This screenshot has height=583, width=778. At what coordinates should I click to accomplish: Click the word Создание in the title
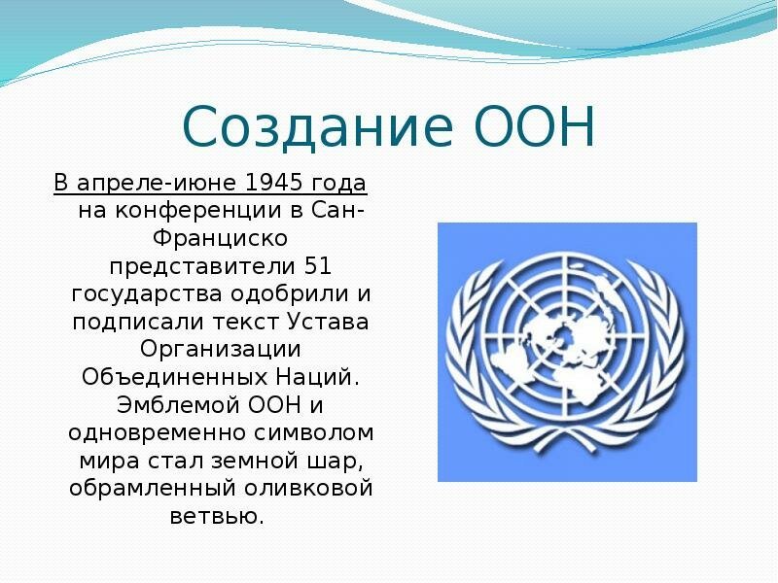pyautogui.click(x=318, y=126)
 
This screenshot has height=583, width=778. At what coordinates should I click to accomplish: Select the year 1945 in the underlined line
pyautogui.click(x=274, y=183)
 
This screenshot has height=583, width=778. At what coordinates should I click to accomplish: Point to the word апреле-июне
pyautogui.click(x=159, y=184)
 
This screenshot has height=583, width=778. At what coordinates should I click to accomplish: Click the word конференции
pyautogui.click(x=199, y=212)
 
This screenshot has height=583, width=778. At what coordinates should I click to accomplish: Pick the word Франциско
pyautogui.click(x=220, y=238)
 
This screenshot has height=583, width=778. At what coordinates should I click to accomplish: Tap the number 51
pyautogui.click(x=318, y=266)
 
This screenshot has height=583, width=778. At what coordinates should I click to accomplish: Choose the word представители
pyautogui.click(x=202, y=267)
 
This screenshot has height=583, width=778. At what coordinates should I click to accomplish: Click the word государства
pyautogui.click(x=147, y=295)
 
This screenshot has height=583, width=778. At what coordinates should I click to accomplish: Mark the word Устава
pyautogui.click(x=328, y=322)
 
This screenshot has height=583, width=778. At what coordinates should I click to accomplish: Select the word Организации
pyautogui.click(x=221, y=350)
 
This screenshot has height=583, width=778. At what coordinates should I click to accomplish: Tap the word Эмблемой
pyautogui.click(x=178, y=405)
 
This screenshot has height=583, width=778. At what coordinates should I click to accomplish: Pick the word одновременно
pyautogui.click(x=158, y=433)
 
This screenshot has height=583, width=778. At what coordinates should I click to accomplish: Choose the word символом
pyautogui.click(x=314, y=433)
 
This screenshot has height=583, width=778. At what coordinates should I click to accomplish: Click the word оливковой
pyautogui.click(x=308, y=489)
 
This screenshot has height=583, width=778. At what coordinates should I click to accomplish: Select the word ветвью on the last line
pyautogui.click(x=217, y=516)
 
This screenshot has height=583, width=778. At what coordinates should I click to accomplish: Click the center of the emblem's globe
pyautogui.click(x=566, y=335)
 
